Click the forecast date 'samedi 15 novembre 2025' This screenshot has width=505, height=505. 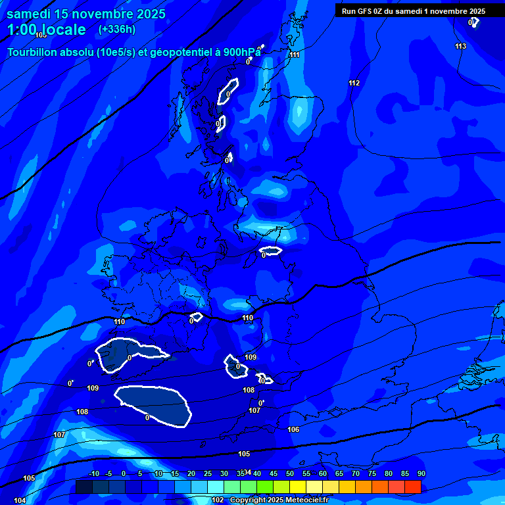86,14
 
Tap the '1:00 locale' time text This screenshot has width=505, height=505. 47,30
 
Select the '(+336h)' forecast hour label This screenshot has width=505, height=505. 116,30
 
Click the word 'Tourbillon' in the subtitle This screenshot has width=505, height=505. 33,53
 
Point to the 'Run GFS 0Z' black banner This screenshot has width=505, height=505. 413,11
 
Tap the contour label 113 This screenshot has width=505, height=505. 460,46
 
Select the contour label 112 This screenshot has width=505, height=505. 354,83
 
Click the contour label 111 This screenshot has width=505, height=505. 295,55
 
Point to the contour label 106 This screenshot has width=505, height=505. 293,429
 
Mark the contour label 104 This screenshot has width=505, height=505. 20,500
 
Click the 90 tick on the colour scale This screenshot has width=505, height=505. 421,473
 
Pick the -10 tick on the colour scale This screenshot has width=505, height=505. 93,473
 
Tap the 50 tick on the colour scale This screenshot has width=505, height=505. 290,473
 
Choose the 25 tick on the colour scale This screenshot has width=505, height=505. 208,473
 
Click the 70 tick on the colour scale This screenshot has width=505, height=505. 356,473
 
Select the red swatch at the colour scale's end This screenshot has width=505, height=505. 413,487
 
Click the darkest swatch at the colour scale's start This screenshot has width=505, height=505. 84,487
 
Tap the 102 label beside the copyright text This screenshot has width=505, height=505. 218,500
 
